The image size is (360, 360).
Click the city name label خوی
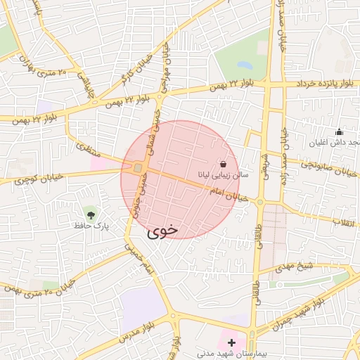163,229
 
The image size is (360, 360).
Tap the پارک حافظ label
90,226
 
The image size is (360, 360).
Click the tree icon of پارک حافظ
90,213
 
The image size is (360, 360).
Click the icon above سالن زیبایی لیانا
223,164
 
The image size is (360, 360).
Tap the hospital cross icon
232,342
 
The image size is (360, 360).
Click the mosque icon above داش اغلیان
340,131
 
